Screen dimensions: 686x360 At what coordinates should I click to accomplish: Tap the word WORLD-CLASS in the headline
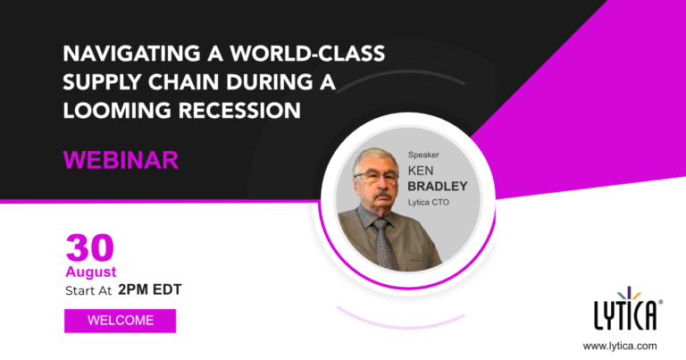click(x=307, y=54)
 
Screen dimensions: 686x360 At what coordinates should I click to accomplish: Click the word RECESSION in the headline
click(x=239, y=110)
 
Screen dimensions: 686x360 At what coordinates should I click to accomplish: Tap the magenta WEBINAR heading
click(x=121, y=160)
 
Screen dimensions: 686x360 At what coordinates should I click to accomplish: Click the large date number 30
click(x=89, y=248)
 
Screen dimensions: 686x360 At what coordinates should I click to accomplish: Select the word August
click(x=91, y=272)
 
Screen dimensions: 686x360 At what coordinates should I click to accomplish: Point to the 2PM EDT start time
click(x=150, y=289)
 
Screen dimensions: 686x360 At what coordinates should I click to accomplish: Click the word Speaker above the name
click(x=423, y=155)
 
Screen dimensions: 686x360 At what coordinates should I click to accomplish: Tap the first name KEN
click(x=421, y=170)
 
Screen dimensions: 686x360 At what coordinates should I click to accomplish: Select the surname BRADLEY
click(x=438, y=187)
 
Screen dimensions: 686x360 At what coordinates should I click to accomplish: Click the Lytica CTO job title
click(x=429, y=203)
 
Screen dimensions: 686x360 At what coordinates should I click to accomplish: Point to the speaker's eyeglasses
click(x=376, y=177)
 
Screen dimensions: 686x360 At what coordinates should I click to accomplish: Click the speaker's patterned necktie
click(x=385, y=243)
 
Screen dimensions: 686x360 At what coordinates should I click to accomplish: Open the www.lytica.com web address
click(x=620, y=346)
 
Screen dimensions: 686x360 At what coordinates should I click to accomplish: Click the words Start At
click(x=88, y=291)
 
